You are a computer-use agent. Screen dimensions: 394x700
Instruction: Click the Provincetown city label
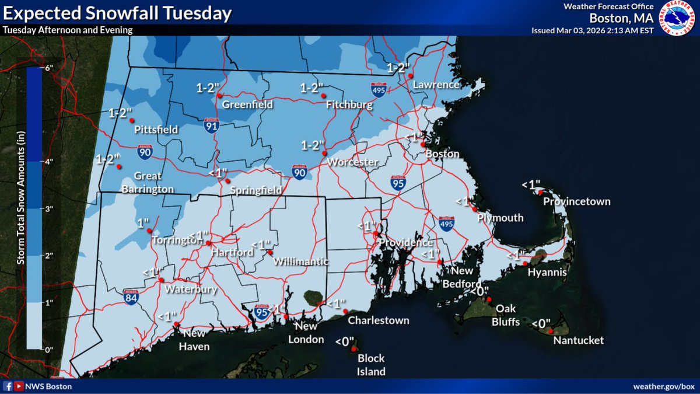(577, 202)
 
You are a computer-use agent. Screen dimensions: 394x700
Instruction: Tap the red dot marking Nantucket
(550, 331)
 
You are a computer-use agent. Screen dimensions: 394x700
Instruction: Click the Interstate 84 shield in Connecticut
(131, 298)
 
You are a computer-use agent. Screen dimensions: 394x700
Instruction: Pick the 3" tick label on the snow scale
(49, 208)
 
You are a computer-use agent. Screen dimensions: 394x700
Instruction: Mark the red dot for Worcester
(324, 153)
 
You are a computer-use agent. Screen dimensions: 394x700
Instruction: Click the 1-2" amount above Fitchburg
(311, 88)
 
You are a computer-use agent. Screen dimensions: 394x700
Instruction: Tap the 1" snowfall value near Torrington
(143, 223)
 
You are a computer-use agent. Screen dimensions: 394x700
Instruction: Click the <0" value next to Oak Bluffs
(480, 291)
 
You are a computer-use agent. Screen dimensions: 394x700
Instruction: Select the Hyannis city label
(547, 273)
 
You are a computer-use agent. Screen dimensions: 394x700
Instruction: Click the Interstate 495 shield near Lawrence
(378, 89)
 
